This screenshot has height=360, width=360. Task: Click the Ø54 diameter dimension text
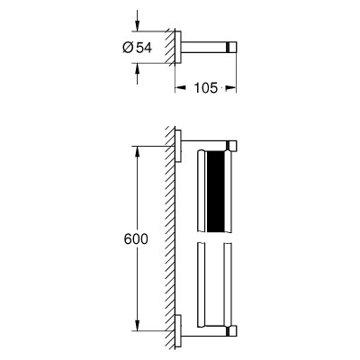click(138, 48)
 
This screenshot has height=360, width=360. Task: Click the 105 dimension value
click(205, 88)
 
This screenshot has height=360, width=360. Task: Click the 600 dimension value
click(136, 239)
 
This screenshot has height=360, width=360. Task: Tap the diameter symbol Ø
click(128, 48)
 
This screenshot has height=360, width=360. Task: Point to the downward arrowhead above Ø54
click(137, 25)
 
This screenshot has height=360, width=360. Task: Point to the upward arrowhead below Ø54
click(137, 69)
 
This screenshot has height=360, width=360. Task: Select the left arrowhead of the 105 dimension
click(180, 88)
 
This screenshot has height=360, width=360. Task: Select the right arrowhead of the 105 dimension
click(231, 88)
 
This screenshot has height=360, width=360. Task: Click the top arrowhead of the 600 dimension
click(137, 152)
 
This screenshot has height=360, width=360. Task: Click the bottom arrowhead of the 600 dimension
click(137, 326)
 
